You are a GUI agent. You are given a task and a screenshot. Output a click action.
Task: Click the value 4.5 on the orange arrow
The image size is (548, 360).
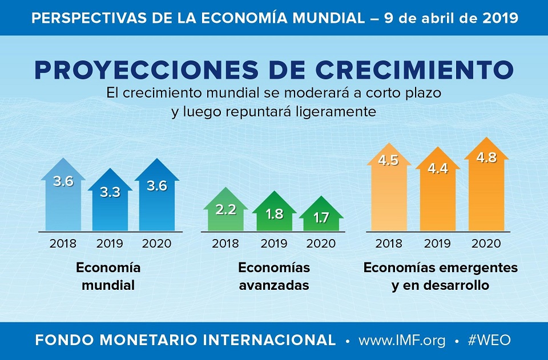click(x=388, y=160)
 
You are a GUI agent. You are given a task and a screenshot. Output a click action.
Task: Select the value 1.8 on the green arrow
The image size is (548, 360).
click(x=274, y=214)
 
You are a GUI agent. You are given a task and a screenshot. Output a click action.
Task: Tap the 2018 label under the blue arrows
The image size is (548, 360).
click(x=63, y=244)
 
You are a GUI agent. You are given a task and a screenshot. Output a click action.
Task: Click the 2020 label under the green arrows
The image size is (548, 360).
click(x=321, y=244)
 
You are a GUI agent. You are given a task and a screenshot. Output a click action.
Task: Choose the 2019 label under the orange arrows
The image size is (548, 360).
click(x=437, y=244)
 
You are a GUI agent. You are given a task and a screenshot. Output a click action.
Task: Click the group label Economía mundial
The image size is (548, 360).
click(x=108, y=276)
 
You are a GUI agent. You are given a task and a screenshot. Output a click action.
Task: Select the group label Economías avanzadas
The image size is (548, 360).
click(x=274, y=276)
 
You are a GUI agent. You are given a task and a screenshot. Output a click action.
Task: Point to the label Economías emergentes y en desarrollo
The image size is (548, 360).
click(x=440, y=276)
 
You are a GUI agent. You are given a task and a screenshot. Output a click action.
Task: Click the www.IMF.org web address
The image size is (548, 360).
click(x=402, y=341)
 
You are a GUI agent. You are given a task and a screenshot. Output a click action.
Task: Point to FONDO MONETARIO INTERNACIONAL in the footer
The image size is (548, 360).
click(x=185, y=341)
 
